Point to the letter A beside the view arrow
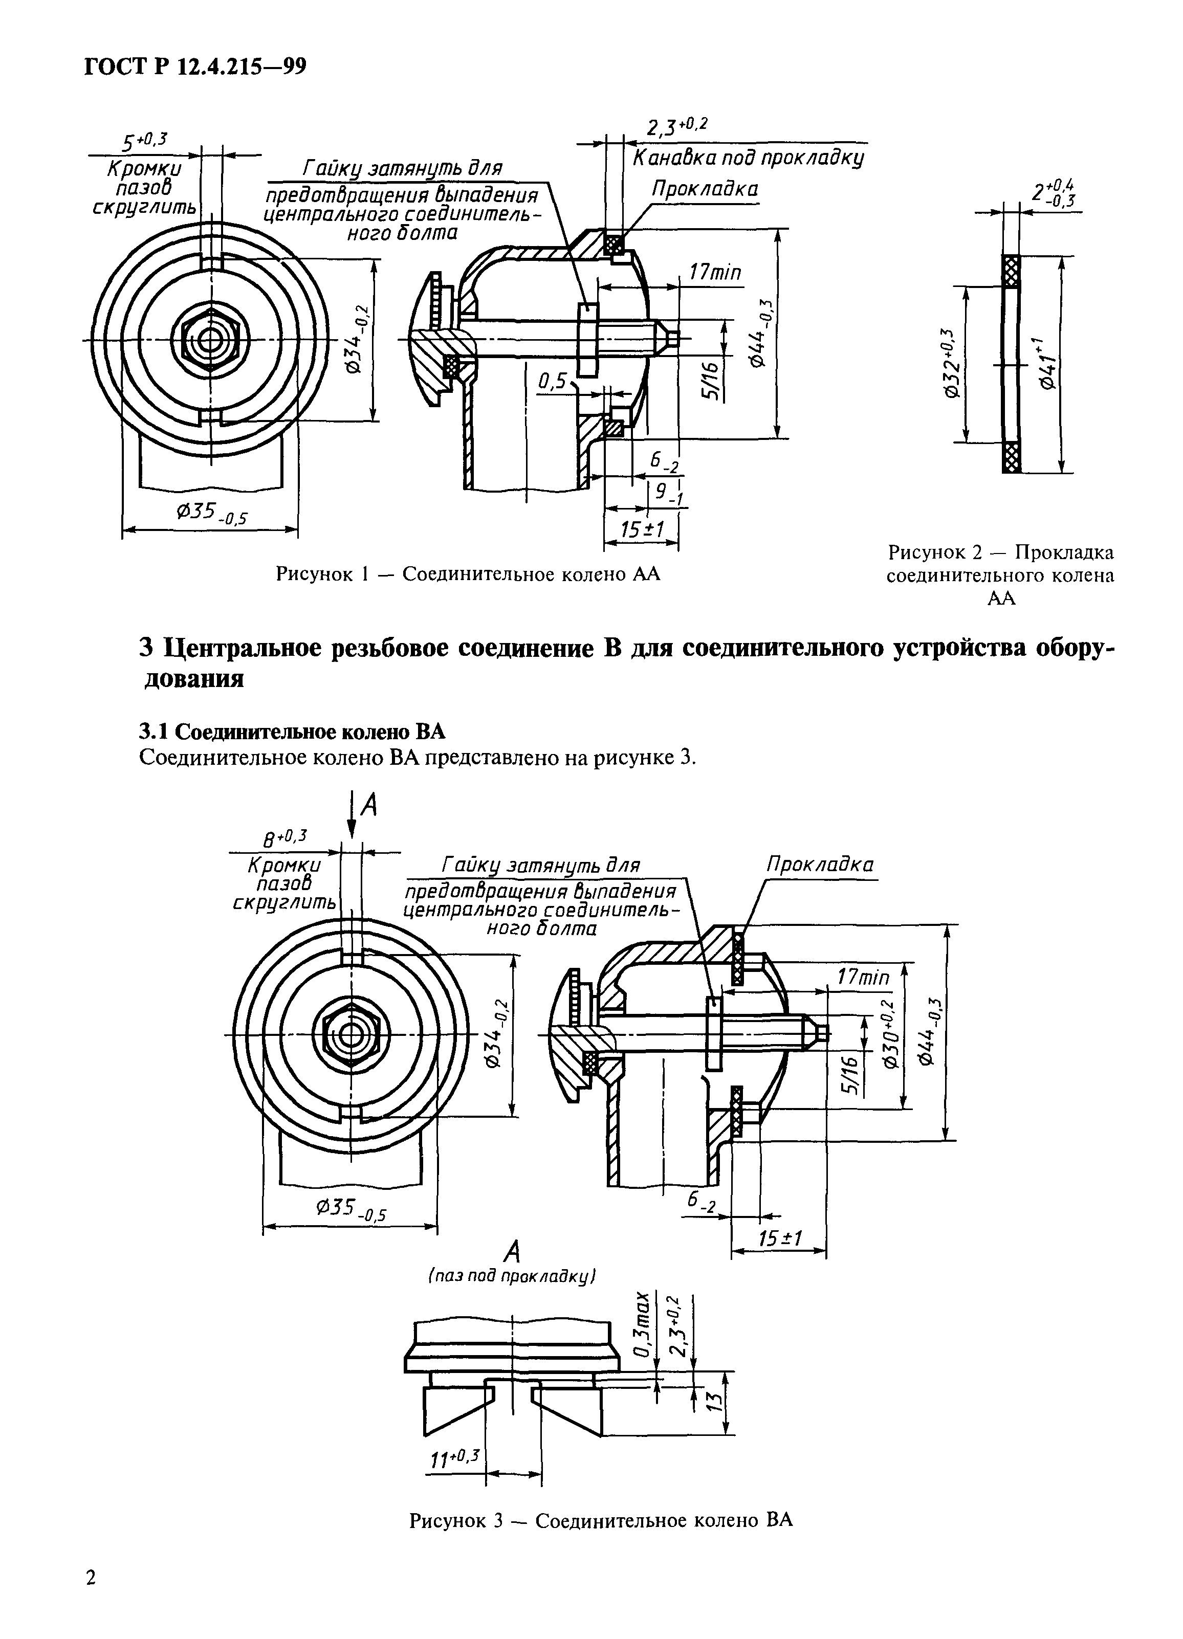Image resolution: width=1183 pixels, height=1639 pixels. (x=369, y=805)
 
